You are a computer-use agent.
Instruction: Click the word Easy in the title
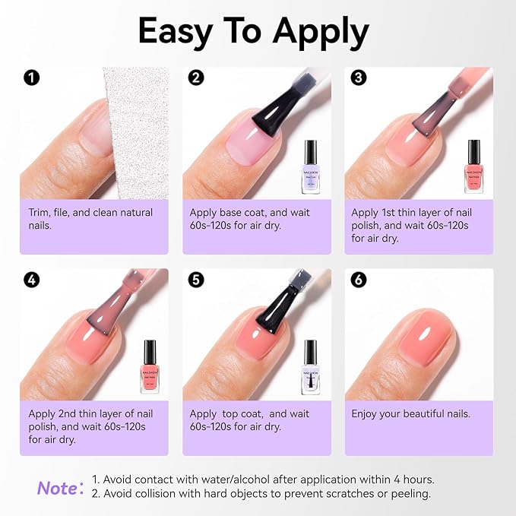pyautogui.click(x=179, y=32)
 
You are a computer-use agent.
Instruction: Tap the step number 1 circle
pyautogui.click(x=31, y=78)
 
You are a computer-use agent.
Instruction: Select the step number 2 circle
pyautogui.click(x=195, y=78)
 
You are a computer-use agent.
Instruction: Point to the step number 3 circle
pyautogui.click(x=359, y=78)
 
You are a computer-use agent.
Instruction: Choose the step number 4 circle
pyautogui.click(x=31, y=279)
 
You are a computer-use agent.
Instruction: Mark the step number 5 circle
pyautogui.click(x=195, y=279)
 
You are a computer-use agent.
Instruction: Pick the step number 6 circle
pyautogui.click(x=359, y=279)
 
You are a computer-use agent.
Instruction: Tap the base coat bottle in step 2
pyautogui.click(x=310, y=166)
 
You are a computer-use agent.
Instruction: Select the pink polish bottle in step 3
pyautogui.click(x=474, y=166)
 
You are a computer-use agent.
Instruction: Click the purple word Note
pyautogui.click(x=56, y=487)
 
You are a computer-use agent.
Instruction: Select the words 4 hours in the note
pyautogui.click(x=416, y=480)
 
